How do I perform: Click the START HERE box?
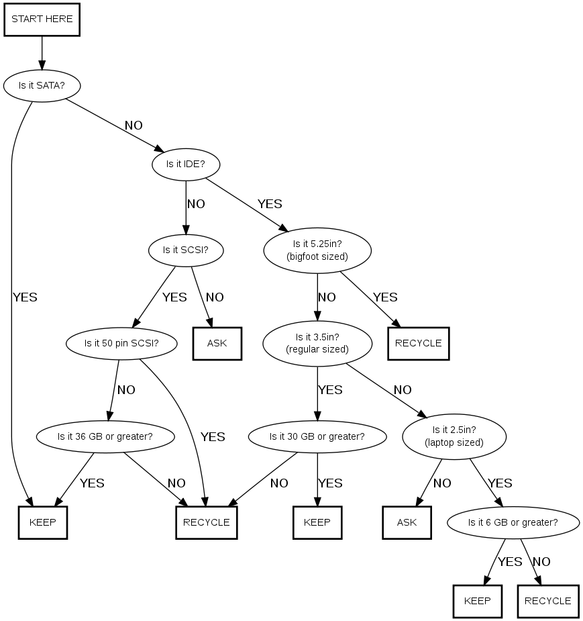42,19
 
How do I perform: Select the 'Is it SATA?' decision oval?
42,86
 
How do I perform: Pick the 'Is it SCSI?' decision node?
185,250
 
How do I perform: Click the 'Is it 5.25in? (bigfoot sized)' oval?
317,250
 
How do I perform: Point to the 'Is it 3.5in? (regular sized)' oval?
317,343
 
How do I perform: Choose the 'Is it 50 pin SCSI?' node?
121,343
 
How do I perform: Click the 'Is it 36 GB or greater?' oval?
105,436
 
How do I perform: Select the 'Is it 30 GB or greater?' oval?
317,436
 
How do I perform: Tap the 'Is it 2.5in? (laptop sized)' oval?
454,436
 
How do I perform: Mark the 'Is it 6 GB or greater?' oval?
513,522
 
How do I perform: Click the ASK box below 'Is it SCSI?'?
217,343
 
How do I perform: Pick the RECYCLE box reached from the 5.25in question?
418,343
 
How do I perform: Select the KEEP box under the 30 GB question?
317,522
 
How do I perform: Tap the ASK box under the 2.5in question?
407,522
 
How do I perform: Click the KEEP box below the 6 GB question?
477,601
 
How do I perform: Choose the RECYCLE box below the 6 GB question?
547,601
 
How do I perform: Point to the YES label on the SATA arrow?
25,297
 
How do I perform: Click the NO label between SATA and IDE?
134,126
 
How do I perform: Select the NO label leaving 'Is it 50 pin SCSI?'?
126,390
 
